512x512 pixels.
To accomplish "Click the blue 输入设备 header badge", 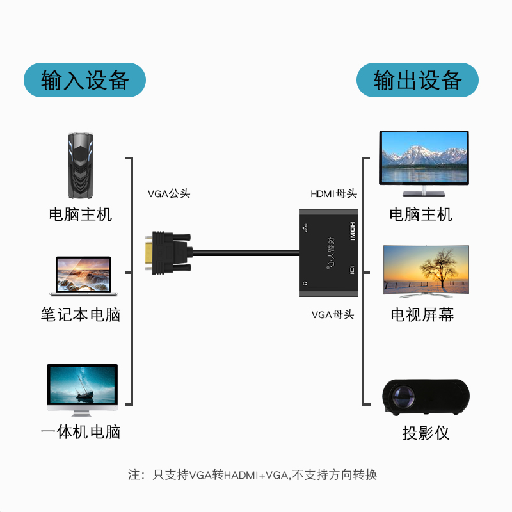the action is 85,80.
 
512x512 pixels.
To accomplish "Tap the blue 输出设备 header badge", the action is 417,80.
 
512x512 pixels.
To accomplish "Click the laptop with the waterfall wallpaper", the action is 83,276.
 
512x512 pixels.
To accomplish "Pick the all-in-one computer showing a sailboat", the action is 83,390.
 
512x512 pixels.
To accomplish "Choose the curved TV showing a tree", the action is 426,271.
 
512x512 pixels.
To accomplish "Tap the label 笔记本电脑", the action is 81,315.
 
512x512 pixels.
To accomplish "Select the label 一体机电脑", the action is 81,432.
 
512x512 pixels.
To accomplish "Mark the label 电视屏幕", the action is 422,315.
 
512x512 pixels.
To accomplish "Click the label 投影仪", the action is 426,433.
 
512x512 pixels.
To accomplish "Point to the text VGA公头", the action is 169,194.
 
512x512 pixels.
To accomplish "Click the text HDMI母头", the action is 333,194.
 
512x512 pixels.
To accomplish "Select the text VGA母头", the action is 332,314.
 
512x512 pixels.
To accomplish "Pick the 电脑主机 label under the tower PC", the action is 81,214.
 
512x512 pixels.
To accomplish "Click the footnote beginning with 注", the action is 253,475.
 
